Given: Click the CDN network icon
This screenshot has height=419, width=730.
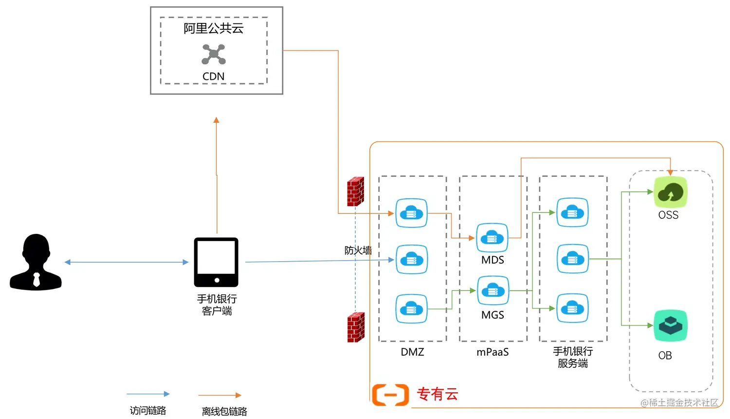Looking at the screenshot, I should tap(214, 54).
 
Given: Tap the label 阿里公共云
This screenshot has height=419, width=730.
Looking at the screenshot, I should tap(214, 28).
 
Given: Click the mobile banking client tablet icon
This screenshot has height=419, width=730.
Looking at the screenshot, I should tap(216, 262).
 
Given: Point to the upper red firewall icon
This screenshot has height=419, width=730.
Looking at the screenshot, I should tap(355, 191).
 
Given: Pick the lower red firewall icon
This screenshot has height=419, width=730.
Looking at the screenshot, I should tap(356, 327).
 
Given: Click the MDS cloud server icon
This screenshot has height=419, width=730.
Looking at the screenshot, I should tap(492, 238).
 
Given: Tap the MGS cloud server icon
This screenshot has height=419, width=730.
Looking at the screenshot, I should tap(493, 291).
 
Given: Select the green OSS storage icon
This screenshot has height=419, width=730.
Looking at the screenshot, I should tap(671, 193).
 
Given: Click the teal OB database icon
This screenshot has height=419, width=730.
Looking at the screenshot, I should tap(670, 325).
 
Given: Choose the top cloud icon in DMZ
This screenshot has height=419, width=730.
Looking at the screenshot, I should tap(411, 213).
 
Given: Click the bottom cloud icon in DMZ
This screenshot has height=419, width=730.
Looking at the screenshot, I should tap(411, 308).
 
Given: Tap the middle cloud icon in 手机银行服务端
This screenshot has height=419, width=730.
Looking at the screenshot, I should tap(572, 259).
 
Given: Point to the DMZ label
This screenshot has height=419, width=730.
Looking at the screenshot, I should tap(412, 352).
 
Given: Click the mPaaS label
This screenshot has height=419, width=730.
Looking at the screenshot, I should tap(493, 352).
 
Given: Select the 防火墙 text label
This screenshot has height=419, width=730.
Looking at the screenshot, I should tap(358, 250).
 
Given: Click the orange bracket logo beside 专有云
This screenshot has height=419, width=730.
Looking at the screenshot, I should tap(390, 395).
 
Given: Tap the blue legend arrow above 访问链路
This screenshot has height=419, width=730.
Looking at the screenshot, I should tap(148, 394).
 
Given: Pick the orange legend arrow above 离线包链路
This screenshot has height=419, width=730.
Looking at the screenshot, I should tap(220, 395).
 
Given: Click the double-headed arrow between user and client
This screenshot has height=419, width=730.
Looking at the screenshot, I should tap(127, 262).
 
